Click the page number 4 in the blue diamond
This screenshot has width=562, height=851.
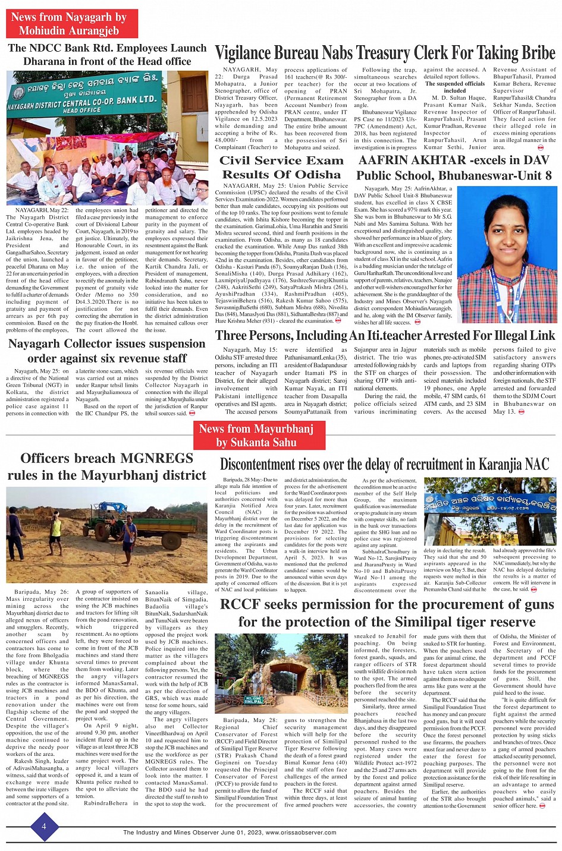click(x=43, y=827)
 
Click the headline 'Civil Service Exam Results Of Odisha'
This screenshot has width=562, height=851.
click(x=281, y=168)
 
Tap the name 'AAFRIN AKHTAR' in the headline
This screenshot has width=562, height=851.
click(x=412, y=160)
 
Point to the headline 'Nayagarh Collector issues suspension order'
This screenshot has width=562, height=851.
click(x=107, y=351)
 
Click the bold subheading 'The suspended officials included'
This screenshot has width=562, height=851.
click(x=454, y=87)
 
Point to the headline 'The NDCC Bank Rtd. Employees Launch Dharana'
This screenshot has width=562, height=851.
click(x=107, y=55)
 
